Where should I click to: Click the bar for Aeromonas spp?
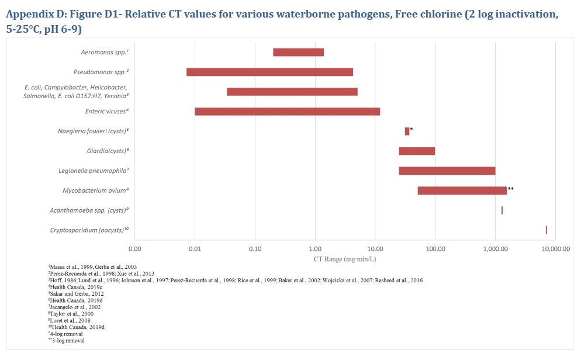(x=298, y=53)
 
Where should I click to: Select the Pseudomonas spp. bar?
(x=269, y=72)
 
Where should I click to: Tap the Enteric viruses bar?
(x=287, y=112)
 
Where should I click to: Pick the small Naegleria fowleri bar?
(x=407, y=131)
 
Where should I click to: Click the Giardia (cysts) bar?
(x=417, y=151)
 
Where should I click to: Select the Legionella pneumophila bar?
(x=447, y=171)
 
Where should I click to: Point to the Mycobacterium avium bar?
(x=462, y=191)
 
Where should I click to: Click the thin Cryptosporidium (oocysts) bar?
(x=546, y=230)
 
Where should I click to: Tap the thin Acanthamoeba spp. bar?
(x=502, y=210)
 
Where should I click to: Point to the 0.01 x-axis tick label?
(x=195, y=248)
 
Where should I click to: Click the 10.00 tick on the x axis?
(x=375, y=248)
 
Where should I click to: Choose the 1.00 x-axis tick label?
(x=315, y=248)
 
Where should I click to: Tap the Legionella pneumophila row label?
(x=94, y=171)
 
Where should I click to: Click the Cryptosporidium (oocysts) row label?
(x=89, y=230)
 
